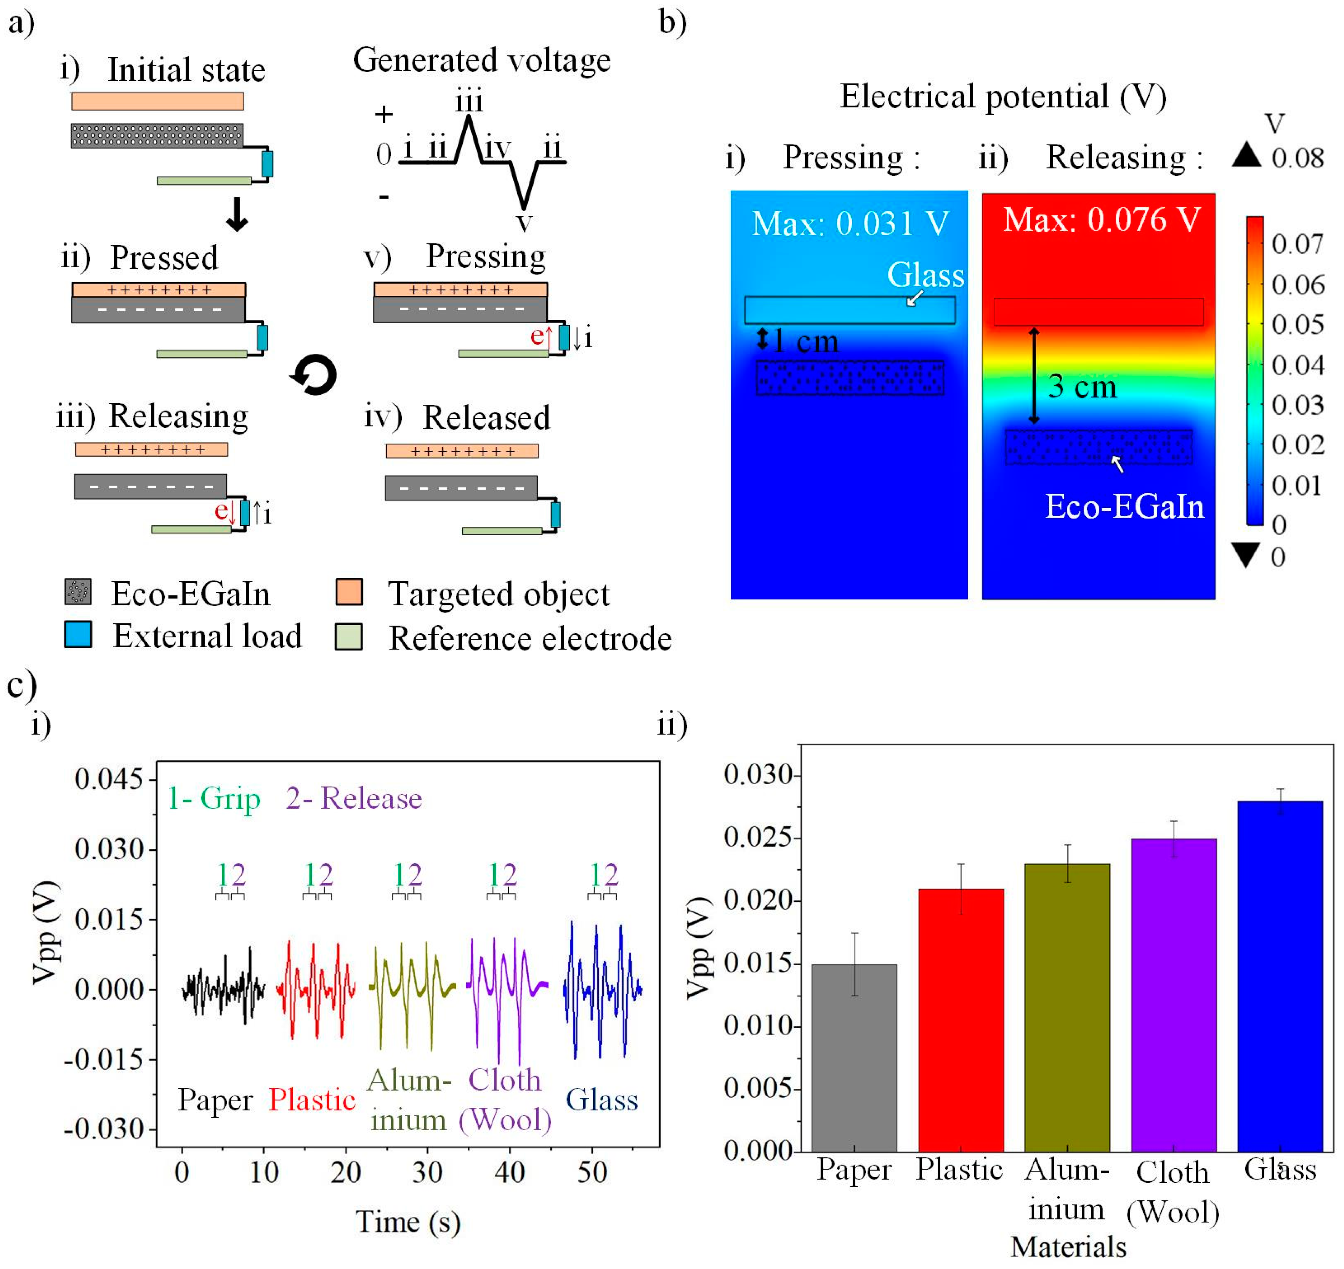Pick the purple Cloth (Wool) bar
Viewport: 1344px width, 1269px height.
coord(1174,995)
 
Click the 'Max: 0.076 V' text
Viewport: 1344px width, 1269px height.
coord(1101,220)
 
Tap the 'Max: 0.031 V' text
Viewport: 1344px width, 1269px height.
coord(850,223)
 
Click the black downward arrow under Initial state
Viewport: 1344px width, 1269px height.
coord(237,215)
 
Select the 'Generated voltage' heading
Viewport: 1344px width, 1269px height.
coord(481,60)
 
